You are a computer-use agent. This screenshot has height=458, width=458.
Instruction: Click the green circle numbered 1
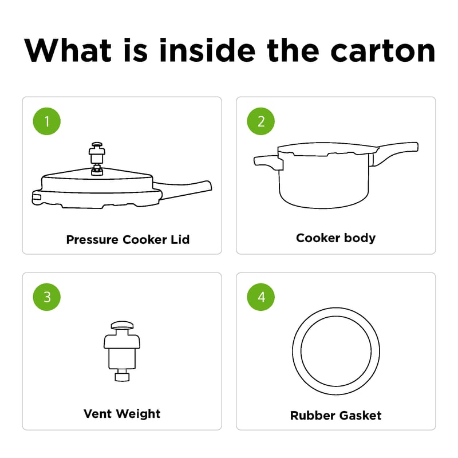(x=47, y=121)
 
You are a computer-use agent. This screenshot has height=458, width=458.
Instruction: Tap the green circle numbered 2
(x=261, y=121)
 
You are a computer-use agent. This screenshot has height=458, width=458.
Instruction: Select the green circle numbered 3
(x=47, y=297)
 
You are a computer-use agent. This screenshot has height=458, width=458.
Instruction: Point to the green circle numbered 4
(x=261, y=297)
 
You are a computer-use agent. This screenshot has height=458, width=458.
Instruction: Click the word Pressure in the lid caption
(x=92, y=239)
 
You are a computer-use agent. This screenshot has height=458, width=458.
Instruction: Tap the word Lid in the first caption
(x=180, y=239)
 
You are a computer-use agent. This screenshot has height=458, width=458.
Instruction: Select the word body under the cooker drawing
(x=360, y=238)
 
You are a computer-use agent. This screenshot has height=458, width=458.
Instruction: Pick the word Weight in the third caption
(x=138, y=414)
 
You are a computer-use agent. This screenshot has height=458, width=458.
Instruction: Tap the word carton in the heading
(x=383, y=51)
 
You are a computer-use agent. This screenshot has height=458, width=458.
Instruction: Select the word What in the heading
(x=68, y=50)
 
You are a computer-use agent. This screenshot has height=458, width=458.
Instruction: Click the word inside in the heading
(x=207, y=50)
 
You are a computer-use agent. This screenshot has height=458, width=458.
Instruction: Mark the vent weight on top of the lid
(x=97, y=159)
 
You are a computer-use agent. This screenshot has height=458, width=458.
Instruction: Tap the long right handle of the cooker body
(x=394, y=152)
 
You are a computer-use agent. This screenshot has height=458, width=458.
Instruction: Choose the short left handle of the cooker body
(x=268, y=163)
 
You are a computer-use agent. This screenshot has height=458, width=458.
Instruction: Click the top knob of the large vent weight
(x=122, y=325)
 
